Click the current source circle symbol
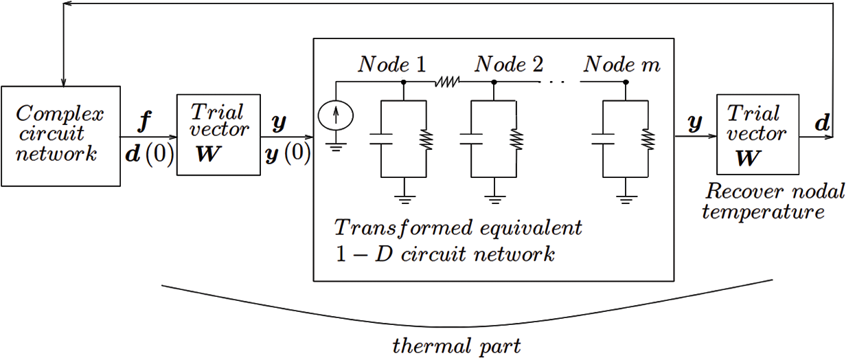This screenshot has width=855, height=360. [336, 115]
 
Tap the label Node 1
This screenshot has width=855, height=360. [391, 64]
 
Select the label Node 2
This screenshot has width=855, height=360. [509, 64]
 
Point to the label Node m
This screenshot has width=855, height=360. [622, 64]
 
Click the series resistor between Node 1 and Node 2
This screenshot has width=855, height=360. [447, 82]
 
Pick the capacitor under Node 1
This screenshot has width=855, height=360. [381, 139]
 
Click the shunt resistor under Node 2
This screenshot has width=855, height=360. [516, 139]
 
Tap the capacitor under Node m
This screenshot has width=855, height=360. [603, 139]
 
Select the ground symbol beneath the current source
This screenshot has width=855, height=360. [336, 147]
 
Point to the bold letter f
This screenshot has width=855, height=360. [145, 122]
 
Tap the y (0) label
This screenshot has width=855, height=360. [288, 154]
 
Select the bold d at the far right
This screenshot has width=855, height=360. [822, 123]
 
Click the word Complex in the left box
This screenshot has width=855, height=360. [60, 114]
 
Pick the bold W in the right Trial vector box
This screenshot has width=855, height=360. [749, 159]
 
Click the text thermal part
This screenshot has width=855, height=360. [457, 346]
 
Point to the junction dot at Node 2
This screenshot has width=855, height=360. [494, 82]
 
